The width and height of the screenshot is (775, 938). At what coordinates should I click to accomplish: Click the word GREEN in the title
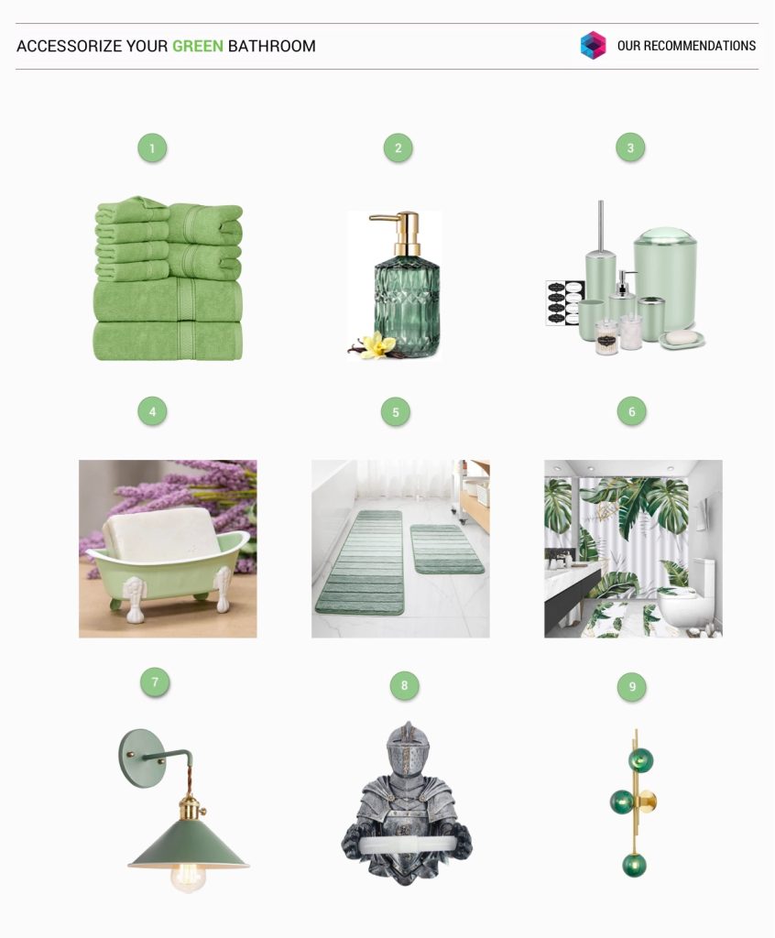coord(198,46)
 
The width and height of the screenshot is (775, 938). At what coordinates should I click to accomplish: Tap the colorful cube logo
coord(593,46)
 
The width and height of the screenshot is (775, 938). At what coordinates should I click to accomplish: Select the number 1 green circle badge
coord(152,148)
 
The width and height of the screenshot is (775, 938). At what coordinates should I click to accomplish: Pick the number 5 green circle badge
coord(396,412)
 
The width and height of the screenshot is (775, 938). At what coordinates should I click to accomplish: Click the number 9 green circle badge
coord(632,686)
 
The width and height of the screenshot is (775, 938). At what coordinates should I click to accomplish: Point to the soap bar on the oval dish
coord(681,337)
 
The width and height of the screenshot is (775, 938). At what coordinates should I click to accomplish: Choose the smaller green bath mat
coord(446,550)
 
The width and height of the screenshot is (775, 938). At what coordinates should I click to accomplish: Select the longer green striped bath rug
coord(360,562)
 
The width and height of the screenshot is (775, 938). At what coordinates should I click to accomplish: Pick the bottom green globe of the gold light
coord(634,865)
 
